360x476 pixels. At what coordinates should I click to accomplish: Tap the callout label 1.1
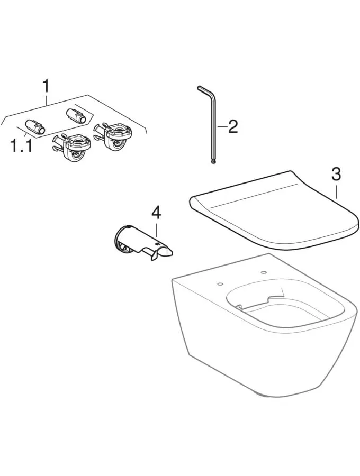[x=21, y=147]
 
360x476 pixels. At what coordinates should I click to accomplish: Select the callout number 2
[x=233, y=126]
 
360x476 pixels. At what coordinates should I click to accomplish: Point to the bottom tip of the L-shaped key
[x=213, y=163]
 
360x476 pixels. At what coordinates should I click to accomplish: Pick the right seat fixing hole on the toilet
[x=263, y=272]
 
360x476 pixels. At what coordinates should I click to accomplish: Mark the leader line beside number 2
[x=222, y=126]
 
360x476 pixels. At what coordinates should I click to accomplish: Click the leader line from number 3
[x=336, y=190]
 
